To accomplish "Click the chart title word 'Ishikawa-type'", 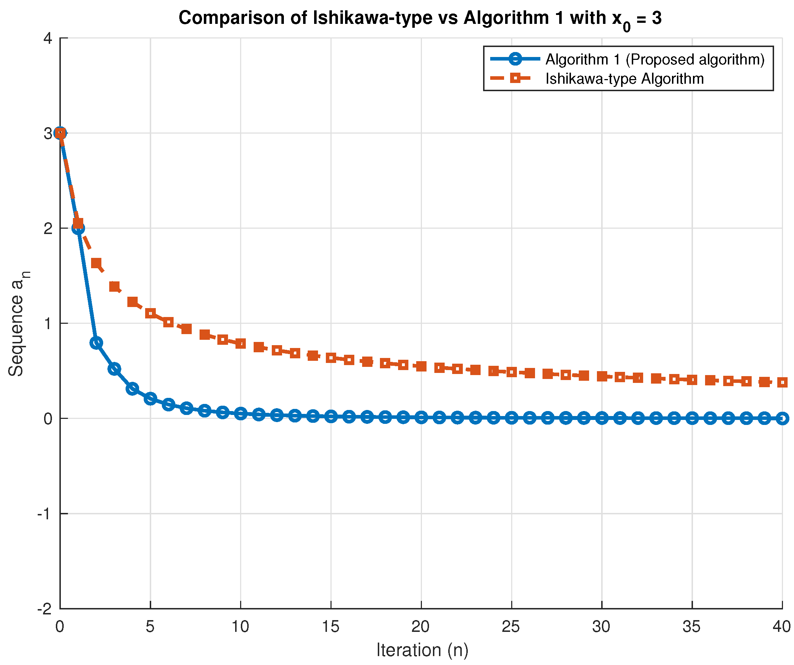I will (372, 18).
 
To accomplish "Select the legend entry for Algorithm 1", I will (655, 59).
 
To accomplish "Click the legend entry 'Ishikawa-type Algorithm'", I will (624, 79).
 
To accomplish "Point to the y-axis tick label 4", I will (48, 38).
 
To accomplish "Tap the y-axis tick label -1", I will (44, 514).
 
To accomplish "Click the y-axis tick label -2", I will (44, 609).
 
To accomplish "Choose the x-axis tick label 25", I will (511, 627).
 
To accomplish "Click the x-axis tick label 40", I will (782, 627).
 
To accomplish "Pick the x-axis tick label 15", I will (330, 627).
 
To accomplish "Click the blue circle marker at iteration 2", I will (96, 343).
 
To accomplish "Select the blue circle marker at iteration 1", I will (78, 228).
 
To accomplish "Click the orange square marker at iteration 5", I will (150, 313).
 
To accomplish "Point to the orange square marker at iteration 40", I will (782, 383).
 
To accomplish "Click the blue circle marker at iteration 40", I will (782, 419).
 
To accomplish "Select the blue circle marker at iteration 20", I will (421, 417).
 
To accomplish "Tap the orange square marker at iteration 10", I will (240, 344).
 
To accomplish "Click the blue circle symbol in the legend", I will (515, 59).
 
